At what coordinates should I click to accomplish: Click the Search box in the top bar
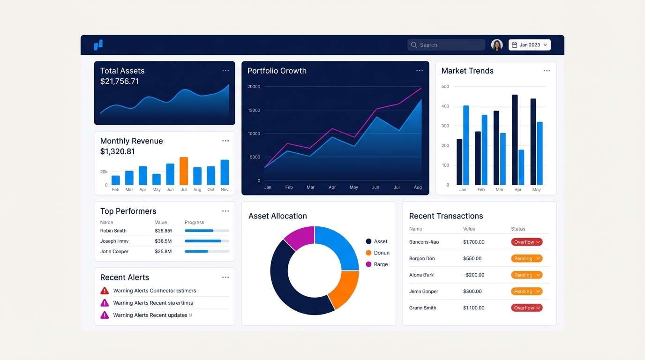point(446,45)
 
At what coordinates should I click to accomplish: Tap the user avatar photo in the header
point(497,45)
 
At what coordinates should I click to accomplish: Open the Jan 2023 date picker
point(529,45)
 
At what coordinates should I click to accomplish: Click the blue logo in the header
point(98,45)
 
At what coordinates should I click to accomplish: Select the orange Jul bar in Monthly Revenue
point(184,171)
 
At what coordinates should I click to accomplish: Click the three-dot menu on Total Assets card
point(225,71)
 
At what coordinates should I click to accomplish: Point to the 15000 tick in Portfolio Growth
point(254,110)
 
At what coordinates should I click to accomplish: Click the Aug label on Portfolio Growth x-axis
point(418,187)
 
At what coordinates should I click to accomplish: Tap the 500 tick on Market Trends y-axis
point(445,87)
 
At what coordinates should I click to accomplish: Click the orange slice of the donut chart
point(345,288)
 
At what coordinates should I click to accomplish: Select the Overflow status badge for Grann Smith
point(526,308)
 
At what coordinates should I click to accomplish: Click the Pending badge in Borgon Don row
point(526,259)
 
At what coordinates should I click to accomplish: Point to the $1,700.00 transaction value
point(473,242)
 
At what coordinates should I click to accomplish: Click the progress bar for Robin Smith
point(207,231)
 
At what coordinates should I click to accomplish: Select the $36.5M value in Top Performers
point(163,241)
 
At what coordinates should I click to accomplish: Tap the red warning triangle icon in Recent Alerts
point(105,291)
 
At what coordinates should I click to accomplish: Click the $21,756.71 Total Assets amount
point(120,82)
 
